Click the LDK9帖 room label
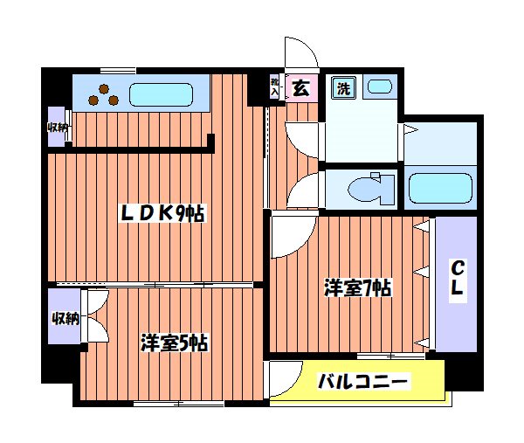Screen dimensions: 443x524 pos(162,213)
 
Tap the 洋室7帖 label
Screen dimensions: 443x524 pos(358,287)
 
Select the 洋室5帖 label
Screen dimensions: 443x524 pos(174,342)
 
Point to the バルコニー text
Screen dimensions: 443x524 pos(362,382)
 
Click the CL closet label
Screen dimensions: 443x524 pos(456,279)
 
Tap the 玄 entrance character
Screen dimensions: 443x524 pos(300,87)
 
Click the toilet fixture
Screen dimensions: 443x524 pos(368,188)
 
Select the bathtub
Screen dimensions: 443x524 pos(441,187)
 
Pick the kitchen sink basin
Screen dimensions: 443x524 pos(161,93)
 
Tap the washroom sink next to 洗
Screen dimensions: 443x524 pos(378,87)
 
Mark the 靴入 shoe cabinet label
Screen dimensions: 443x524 pos(274,87)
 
